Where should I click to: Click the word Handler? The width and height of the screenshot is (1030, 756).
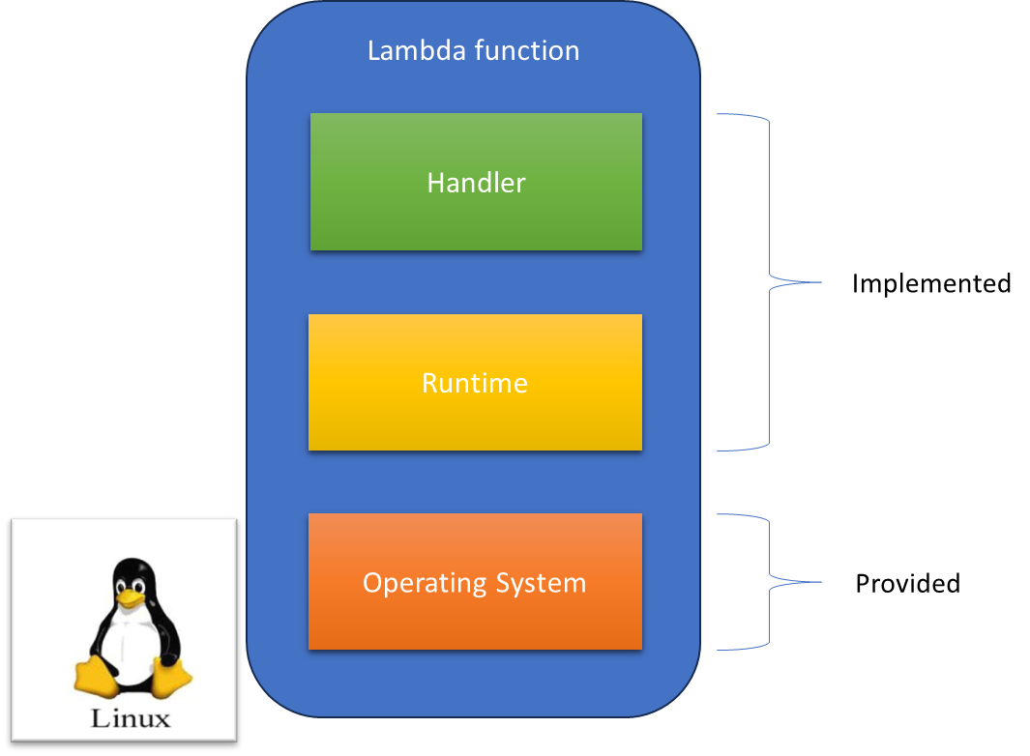coord(476,183)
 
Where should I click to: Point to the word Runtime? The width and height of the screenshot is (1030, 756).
coord(475,383)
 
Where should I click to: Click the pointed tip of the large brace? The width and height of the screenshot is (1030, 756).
coord(820,282)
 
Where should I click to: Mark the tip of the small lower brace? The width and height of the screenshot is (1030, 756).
coord(820,582)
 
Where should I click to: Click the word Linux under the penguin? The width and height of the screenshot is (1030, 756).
coord(131,718)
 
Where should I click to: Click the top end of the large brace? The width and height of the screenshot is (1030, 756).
coord(719,115)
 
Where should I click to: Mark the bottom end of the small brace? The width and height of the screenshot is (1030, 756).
coord(719,649)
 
